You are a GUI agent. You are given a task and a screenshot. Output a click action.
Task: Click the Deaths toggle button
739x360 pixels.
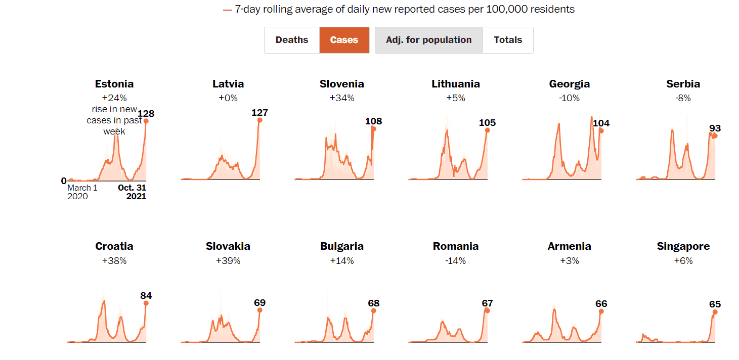coord(292,40)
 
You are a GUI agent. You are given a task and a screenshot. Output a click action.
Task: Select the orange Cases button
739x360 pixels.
coord(344,40)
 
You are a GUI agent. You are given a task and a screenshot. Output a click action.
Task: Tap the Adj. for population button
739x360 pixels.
coord(428,40)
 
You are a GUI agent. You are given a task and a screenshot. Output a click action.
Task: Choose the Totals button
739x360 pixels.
coord(508,40)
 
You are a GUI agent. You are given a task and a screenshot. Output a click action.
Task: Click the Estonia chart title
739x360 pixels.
coord(114,84)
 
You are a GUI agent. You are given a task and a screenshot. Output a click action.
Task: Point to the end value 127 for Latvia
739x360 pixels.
coord(259,112)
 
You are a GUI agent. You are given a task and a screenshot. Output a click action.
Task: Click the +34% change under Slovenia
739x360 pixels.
coord(342,98)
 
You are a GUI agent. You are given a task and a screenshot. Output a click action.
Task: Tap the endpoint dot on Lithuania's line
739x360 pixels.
coord(487,130)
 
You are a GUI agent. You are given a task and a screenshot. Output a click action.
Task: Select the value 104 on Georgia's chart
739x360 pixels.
coord(601,123)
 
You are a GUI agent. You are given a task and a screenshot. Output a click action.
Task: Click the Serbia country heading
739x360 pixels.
coord(683,84)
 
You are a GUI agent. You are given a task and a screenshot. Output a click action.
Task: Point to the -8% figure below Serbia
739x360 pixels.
coord(683,98)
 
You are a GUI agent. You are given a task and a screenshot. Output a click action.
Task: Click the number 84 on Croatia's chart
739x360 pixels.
coord(146,296)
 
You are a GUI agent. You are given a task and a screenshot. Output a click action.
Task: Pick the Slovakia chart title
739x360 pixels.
coord(228,246)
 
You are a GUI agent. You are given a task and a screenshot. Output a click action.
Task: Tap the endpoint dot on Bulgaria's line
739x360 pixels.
coord(373,310)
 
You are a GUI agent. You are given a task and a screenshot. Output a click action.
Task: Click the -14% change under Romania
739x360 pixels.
coord(456,261)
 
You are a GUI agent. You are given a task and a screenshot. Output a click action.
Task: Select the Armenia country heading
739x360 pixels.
coord(569,246)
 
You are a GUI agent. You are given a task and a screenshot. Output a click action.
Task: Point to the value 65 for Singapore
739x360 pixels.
coord(715,304)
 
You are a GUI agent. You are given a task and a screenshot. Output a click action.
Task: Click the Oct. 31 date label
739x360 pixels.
coord(132,188)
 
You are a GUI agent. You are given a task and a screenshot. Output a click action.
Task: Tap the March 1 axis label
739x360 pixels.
coord(82,188)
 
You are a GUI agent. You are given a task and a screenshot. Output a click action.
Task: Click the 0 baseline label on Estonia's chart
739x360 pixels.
coord(64,181)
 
